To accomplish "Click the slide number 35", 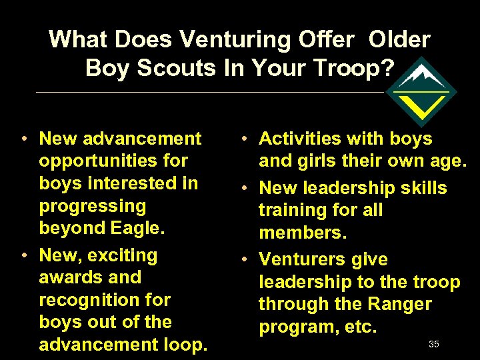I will tap(434, 344).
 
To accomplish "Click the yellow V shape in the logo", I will tap(425, 105).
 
